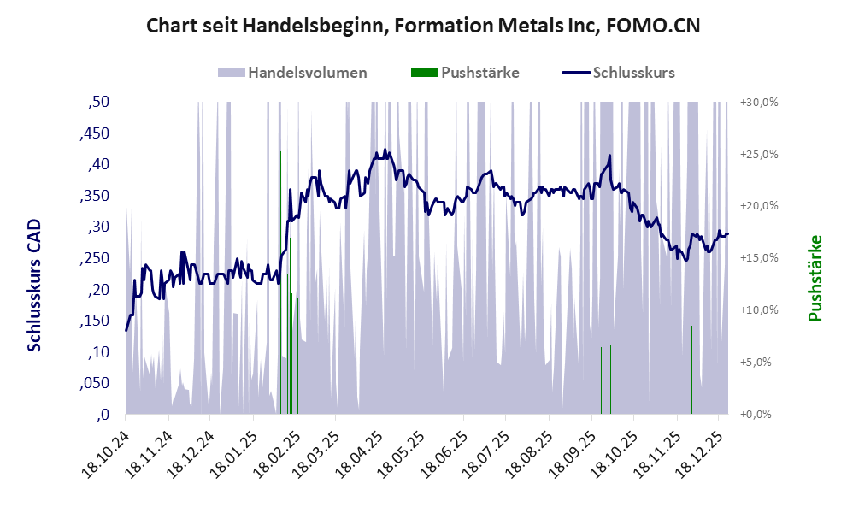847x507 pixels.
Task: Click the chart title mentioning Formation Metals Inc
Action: coord(423,26)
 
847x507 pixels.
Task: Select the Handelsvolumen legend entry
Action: coord(293,73)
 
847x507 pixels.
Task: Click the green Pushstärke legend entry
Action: coord(466,73)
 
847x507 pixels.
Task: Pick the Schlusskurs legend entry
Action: coord(619,73)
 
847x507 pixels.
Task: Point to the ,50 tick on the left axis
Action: coord(99,102)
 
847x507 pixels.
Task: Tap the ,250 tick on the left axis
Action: coord(96,258)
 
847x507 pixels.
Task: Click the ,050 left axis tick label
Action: coord(96,383)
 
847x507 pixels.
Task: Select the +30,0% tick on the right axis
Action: coord(757,102)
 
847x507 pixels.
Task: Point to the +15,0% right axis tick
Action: coord(757,258)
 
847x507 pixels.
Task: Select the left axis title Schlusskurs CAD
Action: coord(34,284)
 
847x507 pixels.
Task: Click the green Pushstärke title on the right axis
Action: coord(815,279)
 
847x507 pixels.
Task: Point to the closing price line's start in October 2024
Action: coord(126,330)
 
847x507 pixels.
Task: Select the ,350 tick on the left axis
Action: coord(96,196)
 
